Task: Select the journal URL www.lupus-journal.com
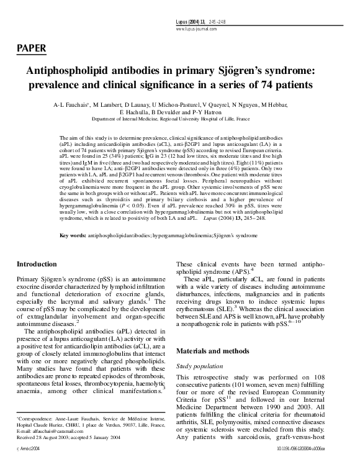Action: pos(200,29)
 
